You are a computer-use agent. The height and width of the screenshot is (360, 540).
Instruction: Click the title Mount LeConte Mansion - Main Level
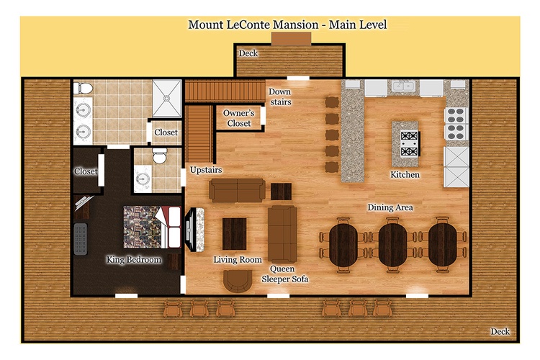[287, 24]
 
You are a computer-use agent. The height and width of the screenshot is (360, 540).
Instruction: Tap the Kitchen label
[405, 175]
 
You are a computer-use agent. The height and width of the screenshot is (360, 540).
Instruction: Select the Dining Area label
[390, 207]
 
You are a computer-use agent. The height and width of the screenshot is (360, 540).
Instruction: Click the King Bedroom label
[134, 260]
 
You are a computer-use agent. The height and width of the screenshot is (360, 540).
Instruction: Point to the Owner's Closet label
[238, 118]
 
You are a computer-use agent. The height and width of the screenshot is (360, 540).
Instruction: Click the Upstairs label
[206, 170]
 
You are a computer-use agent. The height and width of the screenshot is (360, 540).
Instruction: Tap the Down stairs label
[280, 96]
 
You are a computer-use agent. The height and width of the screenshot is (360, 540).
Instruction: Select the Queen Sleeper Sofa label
[285, 274]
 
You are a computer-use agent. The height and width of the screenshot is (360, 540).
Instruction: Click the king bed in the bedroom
[152, 227]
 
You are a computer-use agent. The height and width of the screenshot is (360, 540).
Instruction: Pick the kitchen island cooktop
[410, 143]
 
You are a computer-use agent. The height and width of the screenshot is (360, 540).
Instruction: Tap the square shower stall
[167, 99]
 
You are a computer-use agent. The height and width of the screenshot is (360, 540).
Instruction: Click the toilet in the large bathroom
[83, 89]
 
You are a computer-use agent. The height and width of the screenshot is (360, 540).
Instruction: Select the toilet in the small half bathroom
[159, 156]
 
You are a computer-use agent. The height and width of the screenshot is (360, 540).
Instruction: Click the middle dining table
[392, 245]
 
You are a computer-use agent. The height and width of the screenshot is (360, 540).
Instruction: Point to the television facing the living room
[190, 229]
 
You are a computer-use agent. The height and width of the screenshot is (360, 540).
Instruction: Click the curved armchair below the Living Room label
[238, 281]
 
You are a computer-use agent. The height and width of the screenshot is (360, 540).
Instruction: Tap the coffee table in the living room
[234, 234]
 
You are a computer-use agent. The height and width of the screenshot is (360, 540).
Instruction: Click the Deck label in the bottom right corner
[500, 331]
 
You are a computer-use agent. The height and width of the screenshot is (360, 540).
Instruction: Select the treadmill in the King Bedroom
[81, 239]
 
